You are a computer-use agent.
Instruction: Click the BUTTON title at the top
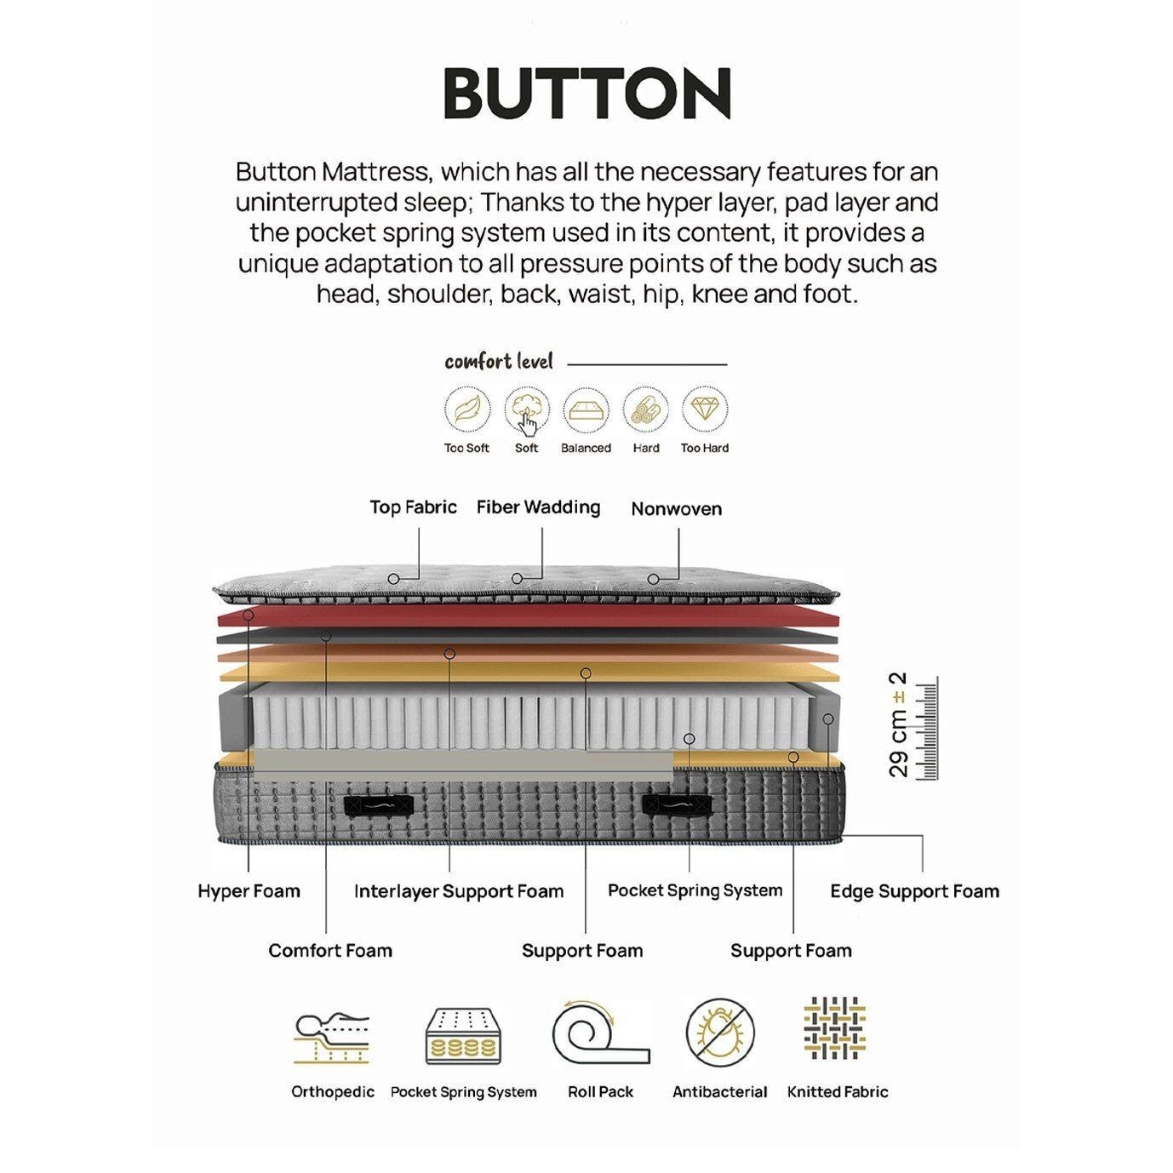(586, 93)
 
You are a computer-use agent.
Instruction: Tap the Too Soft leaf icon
(467, 410)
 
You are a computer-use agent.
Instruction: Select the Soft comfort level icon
(527, 410)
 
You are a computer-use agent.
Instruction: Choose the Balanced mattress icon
(586, 410)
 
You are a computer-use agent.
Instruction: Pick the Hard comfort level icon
(645, 410)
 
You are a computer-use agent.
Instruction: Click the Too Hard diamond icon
(704, 410)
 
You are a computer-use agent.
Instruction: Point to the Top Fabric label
(413, 507)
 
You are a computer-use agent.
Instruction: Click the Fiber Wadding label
(538, 507)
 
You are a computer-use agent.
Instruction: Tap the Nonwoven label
(676, 509)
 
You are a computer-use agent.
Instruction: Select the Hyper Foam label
(249, 891)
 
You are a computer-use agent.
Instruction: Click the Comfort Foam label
(330, 950)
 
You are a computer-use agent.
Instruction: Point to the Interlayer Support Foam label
(459, 891)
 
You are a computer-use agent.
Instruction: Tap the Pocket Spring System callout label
(695, 890)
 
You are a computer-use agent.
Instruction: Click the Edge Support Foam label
(914, 891)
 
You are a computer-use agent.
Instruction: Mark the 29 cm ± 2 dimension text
(899, 725)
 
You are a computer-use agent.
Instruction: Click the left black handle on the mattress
(377, 804)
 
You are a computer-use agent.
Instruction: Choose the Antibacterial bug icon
(720, 1032)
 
